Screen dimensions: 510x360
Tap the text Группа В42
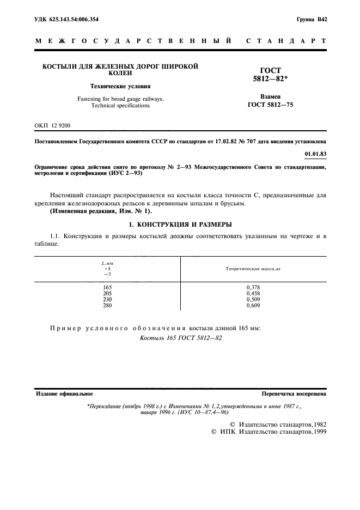point(312,20)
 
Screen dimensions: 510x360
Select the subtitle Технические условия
point(120,86)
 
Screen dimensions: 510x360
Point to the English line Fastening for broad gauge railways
point(120,99)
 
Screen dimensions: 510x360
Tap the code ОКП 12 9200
point(53,125)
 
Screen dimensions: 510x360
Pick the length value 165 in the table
point(107,287)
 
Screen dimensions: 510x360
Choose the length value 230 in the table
point(107,300)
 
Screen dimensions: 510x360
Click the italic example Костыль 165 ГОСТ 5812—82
point(181,338)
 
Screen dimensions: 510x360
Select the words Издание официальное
point(64,393)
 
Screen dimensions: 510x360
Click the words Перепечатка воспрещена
point(294,393)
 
